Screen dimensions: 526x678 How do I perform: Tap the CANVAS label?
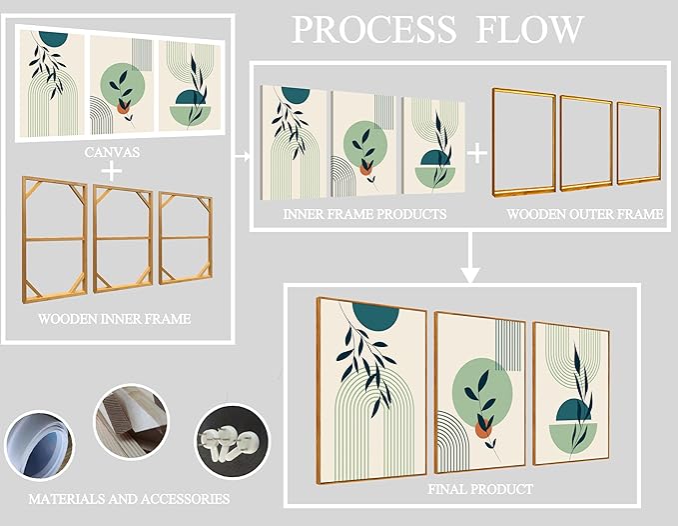(113, 152)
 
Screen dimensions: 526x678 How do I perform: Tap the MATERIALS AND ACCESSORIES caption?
(130, 498)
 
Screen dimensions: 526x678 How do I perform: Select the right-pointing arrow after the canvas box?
(242, 157)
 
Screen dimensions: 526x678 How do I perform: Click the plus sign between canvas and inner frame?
(113, 171)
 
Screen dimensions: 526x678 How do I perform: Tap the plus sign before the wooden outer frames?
(478, 152)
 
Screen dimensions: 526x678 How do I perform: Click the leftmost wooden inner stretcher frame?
(55, 237)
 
